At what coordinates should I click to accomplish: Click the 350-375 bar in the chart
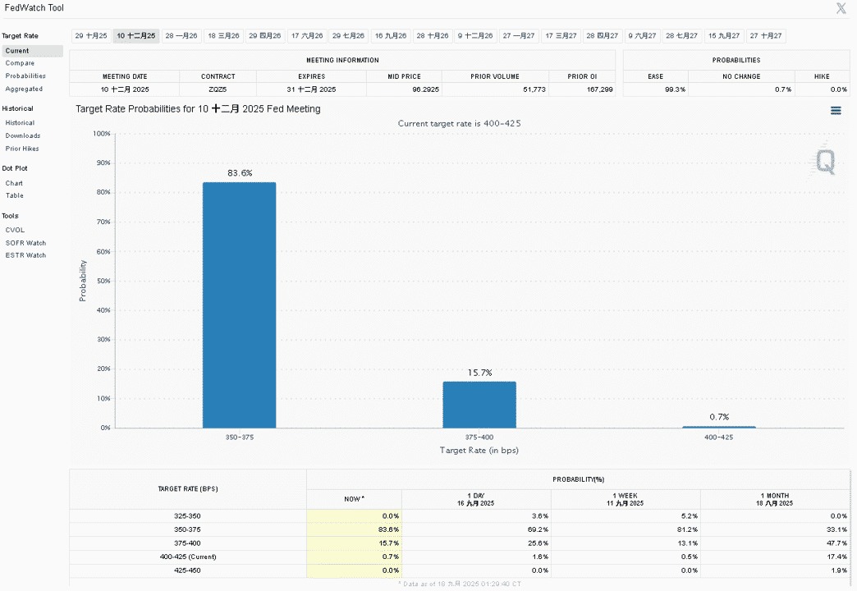(x=240, y=305)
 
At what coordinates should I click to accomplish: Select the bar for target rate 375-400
(x=479, y=405)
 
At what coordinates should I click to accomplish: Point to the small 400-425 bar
(x=719, y=427)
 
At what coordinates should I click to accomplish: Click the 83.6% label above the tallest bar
(x=240, y=172)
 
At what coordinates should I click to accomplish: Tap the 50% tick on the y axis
(x=103, y=281)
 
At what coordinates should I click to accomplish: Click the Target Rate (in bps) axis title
(x=479, y=450)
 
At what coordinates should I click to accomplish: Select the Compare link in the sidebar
(x=20, y=63)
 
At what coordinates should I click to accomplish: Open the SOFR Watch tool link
(x=25, y=243)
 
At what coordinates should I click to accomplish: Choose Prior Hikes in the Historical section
(x=22, y=148)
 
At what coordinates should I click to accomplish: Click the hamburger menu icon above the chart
(x=836, y=111)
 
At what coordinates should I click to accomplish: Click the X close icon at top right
(x=841, y=7)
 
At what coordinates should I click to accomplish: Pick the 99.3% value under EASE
(x=675, y=89)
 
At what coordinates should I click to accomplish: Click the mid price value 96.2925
(x=426, y=89)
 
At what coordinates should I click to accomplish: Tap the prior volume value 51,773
(x=534, y=89)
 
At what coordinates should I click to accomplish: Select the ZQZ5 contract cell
(x=218, y=89)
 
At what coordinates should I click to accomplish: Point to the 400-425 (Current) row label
(x=187, y=557)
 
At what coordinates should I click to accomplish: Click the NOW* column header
(x=354, y=498)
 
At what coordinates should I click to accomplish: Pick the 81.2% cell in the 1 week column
(x=687, y=529)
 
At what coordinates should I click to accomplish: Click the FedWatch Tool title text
(x=34, y=7)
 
